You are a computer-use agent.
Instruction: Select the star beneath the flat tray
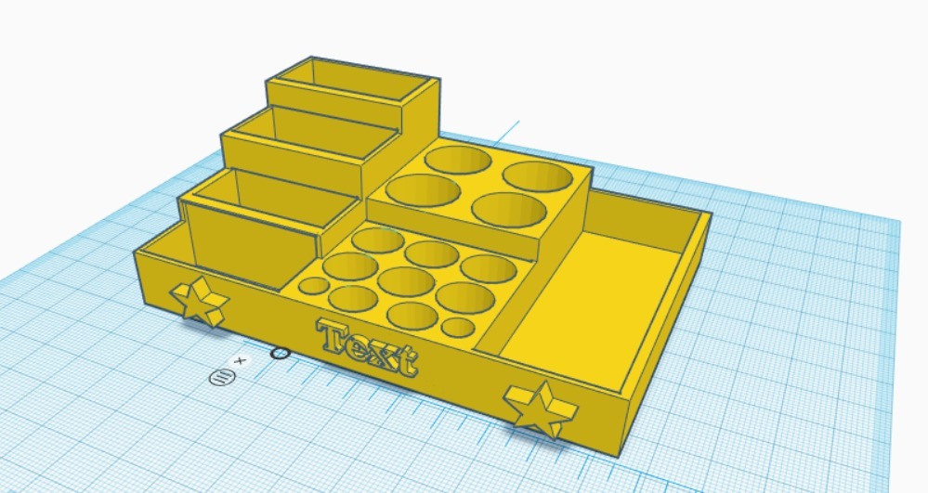click(540, 408)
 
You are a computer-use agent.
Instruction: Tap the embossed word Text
click(368, 347)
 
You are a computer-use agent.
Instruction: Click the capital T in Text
click(333, 335)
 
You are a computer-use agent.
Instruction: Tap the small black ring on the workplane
click(279, 353)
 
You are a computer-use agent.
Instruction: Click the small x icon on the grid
click(241, 359)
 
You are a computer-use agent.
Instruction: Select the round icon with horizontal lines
click(221, 377)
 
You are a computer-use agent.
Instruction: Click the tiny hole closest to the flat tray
click(456, 327)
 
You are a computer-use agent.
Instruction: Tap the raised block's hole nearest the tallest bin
click(458, 161)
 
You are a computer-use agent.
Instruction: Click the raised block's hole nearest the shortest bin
click(423, 189)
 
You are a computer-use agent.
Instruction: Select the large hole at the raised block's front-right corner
click(508, 209)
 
